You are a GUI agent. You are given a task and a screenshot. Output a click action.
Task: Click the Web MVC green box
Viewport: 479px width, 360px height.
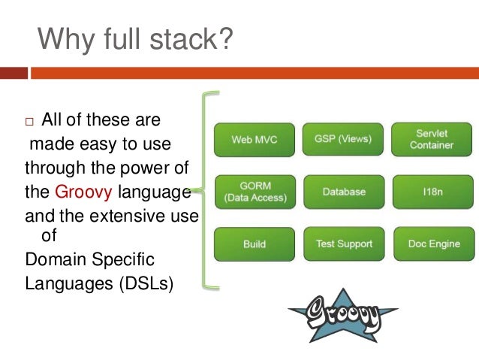tap(252, 139)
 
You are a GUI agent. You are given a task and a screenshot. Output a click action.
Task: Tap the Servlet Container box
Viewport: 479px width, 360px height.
tap(431, 139)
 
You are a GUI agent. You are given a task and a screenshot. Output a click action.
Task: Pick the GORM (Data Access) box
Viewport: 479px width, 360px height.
tap(252, 192)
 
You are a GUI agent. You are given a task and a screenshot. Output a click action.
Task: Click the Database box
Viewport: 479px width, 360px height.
tap(343, 192)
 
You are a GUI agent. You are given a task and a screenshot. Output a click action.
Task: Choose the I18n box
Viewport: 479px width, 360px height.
tap(431, 192)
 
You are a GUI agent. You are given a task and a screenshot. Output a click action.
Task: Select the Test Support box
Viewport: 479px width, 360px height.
tap(343, 244)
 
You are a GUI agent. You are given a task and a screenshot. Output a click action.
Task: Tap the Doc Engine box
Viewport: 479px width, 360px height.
tap(433, 244)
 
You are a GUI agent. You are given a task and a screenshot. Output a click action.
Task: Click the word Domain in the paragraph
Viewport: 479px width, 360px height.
tap(56, 260)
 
